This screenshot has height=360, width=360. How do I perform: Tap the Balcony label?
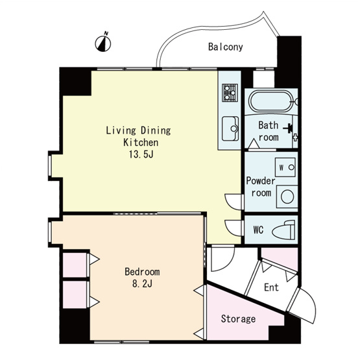tap(226, 47)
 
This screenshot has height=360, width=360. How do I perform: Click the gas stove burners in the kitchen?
tap(230, 93)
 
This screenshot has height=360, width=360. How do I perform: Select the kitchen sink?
tap(230, 128)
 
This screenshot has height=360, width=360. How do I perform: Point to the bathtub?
tap(271, 101)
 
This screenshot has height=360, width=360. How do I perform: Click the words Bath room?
tap(269, 131)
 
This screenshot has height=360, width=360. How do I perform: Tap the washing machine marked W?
tap(285, 167)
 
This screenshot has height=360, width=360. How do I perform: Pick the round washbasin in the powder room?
tap(287, 197)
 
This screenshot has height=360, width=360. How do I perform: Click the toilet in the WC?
tap(283, 230)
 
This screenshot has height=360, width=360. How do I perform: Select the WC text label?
tap(258, 230)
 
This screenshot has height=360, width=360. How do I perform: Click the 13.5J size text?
tap(141, 154)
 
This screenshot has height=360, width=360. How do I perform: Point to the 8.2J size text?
tap(142, 284)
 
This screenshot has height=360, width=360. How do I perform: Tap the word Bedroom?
tap(142, 272)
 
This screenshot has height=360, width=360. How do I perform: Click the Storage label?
tap(238, 318)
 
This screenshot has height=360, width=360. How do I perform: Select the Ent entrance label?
tap(271, 287)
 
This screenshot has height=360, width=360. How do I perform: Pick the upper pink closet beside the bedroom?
tap(75, 265)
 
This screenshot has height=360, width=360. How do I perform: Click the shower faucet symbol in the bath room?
tap(289, 128)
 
